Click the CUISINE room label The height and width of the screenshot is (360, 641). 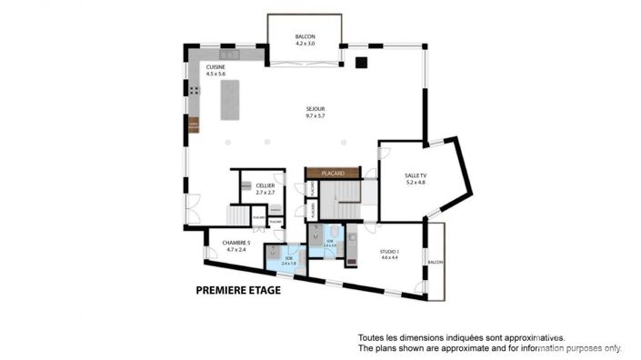215,67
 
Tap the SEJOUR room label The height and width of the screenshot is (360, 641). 315,109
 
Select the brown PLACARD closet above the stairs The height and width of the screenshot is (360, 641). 332,171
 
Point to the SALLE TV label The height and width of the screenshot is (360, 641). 416,175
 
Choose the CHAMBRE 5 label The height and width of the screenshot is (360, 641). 235,243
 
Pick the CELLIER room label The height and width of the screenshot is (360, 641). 265,185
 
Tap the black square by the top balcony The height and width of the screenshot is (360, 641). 361,63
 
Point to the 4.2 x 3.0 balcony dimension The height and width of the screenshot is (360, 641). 304,44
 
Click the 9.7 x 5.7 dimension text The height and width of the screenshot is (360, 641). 315,115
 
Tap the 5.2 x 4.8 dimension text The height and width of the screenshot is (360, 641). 416,183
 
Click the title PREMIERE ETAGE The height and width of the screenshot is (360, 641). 238,291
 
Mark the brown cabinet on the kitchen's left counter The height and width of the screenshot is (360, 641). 194,125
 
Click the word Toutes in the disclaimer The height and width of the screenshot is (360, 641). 370,336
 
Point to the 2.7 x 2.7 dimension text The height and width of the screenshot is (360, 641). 265,193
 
